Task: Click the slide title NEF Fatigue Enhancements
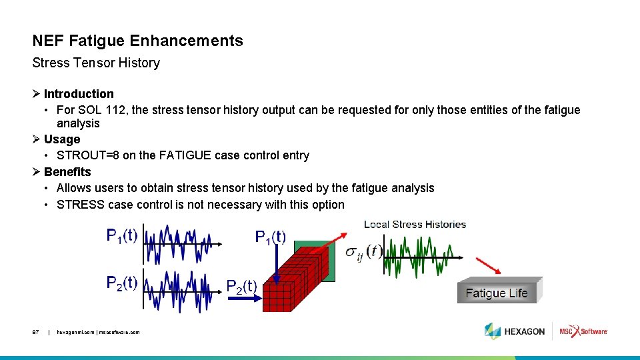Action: point(137,41)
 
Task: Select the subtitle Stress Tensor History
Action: point(96,63)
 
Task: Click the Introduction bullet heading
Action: point(79,94)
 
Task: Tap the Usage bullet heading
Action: point(62,139)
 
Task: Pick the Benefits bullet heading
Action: point(67,171)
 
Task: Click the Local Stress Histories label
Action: point(415,224)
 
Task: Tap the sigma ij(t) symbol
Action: point(363,253)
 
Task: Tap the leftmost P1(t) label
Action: point(122,236)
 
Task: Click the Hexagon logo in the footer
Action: point(515,331)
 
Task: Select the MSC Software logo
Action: point(583,331)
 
